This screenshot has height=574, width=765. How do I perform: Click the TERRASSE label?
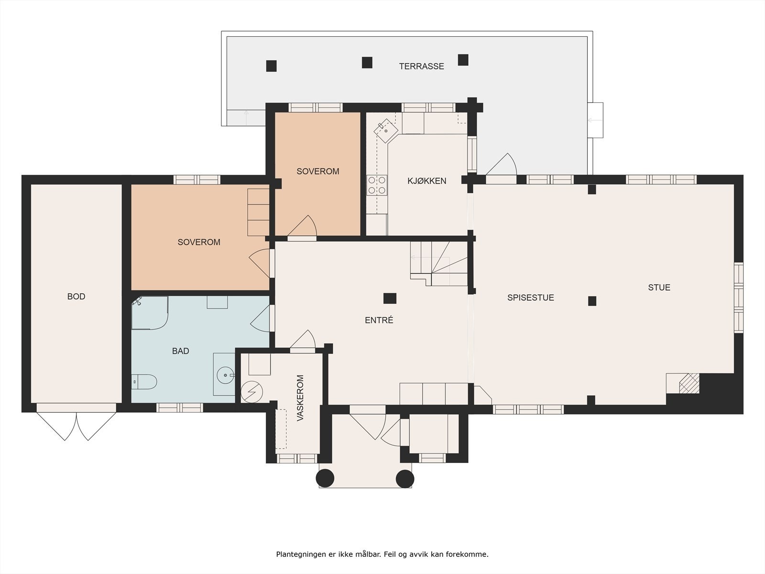pos(421,66)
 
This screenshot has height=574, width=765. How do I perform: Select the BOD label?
pos(76,297)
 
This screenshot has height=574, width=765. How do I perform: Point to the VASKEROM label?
pos(300,398)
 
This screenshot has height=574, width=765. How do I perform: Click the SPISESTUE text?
pos(530,298)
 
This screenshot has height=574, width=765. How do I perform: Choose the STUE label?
pos(659,287)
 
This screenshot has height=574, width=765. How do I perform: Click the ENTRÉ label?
pos(379,320)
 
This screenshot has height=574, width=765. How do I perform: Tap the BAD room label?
pos(181,351)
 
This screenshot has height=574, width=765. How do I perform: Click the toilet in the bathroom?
pos(144,382)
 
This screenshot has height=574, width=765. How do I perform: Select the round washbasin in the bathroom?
pos(226,375)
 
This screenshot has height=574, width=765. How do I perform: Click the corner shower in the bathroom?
pos(150,313)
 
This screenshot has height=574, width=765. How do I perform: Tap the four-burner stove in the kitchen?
pos(377,185)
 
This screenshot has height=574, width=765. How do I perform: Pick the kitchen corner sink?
pos(386,131)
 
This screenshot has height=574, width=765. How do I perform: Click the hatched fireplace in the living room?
pos(689,383)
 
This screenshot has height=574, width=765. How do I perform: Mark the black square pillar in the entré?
pos(390,298)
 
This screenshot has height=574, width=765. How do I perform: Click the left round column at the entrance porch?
pos(325,478)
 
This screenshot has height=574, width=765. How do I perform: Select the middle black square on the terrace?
pos(367,63)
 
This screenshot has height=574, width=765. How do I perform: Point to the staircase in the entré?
pos(439,264)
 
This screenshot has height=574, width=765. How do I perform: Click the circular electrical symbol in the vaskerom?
pos(252,392)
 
